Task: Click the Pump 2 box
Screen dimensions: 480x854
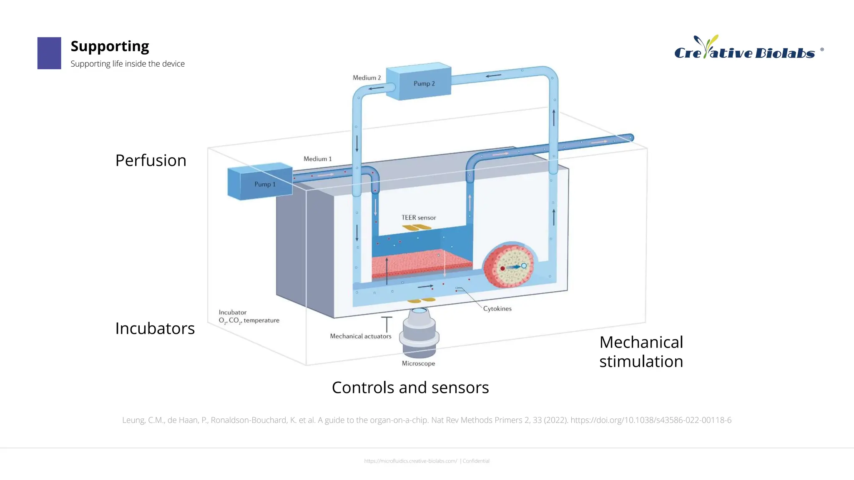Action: [419, 82]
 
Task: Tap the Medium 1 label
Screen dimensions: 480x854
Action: [317, 159]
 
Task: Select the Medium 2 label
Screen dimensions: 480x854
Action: [367, 77]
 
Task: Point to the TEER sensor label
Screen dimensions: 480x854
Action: [419, 217]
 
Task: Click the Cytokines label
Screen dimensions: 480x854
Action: [497, 308]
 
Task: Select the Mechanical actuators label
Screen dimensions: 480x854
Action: [360, 336]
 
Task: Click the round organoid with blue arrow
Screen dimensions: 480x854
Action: [510, 265]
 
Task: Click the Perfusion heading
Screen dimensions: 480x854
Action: [151, 160]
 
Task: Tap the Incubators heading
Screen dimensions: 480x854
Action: [155, 328]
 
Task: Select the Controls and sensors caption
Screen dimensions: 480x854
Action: [410, 387]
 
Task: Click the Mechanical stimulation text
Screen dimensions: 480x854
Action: [641, 352]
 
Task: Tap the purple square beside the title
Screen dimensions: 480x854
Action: [49, 53]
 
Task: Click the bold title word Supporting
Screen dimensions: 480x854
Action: [110, 46]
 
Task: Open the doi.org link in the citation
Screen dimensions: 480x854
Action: [651, 420]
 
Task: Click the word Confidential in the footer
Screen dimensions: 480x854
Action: [476, 461]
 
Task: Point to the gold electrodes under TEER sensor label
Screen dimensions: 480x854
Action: [417, 227]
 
